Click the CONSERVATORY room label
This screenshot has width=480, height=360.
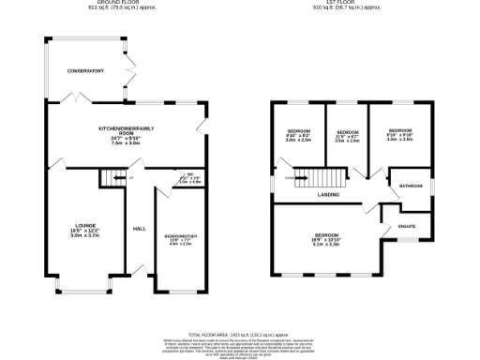[x=84, y=70]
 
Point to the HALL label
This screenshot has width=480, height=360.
[x=139, y=229]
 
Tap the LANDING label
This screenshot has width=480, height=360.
[x=328, y=195]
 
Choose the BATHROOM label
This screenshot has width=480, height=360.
[x=412, y=186]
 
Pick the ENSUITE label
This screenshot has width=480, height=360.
[x=408, y=225]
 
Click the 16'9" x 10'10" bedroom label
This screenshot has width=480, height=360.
[x=327, y=238]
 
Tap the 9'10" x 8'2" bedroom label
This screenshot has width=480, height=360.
[x=298, y=134]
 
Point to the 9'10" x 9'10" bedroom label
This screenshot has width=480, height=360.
[x=399, y=134]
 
